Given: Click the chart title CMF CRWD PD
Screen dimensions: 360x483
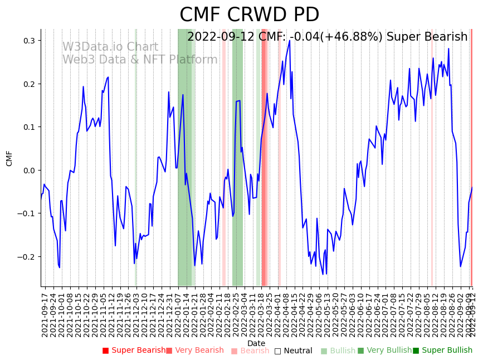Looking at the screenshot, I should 249,15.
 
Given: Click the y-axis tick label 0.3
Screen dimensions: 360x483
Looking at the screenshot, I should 29,41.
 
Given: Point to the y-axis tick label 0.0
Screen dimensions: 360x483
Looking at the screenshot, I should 29,171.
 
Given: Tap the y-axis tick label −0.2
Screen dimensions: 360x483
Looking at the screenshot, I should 27,257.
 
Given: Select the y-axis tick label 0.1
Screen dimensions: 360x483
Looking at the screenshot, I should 29,127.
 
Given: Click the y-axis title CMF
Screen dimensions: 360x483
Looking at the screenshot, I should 9,158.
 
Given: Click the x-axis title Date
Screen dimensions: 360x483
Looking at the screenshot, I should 256,343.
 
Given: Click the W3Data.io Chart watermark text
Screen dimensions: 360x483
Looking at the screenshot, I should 110,47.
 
